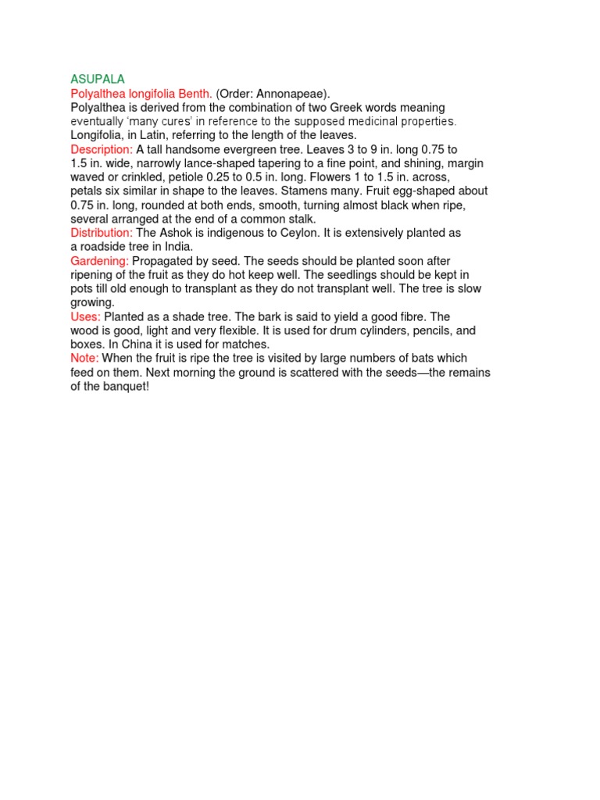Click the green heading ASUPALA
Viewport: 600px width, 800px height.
(98, 80)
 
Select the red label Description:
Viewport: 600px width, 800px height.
(102, 149)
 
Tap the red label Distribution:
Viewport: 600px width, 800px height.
(102, 233)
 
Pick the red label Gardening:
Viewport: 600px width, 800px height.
(99, 261)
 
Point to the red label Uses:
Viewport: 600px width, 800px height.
(85, 316)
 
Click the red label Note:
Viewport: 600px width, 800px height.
(84, 359)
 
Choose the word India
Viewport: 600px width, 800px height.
(177, 247)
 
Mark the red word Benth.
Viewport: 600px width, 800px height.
(195, 94)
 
